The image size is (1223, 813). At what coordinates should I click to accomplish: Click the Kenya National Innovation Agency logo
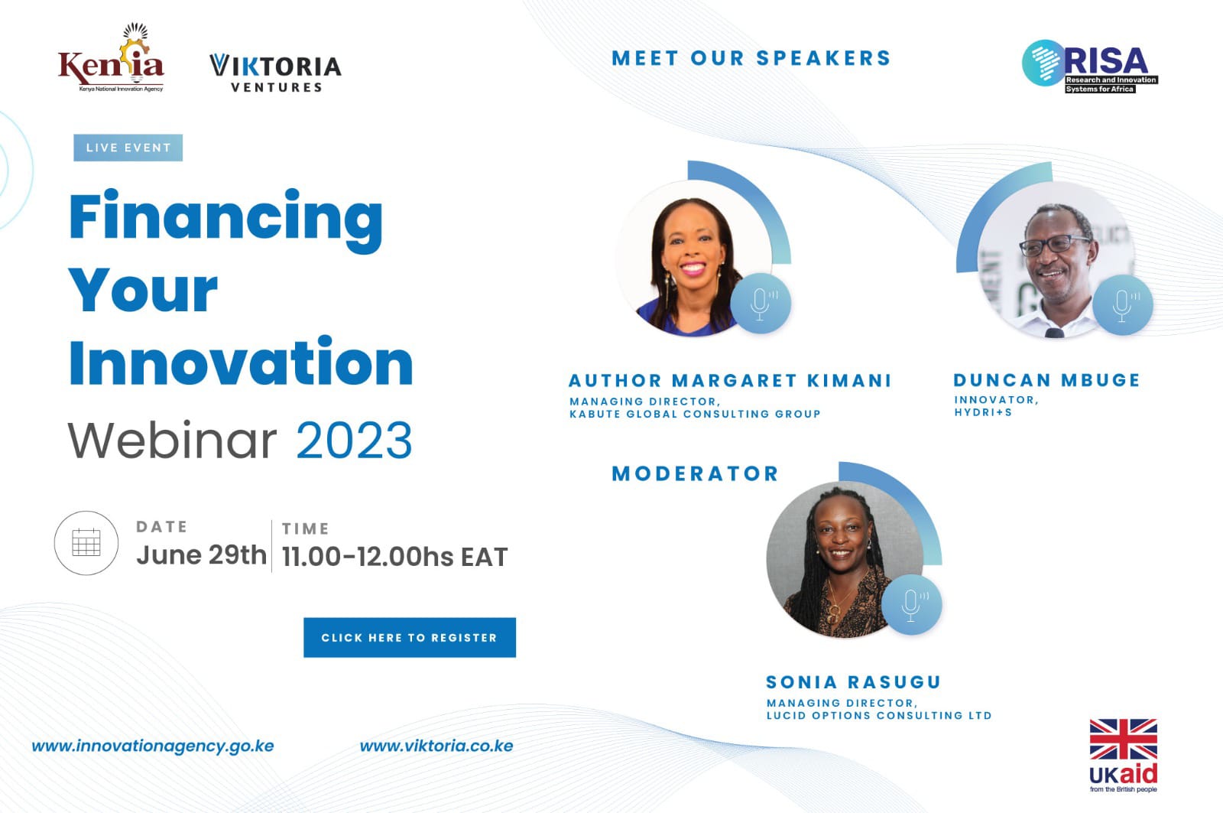[111, 57]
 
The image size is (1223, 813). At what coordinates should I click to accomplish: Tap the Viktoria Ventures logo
[276, 73]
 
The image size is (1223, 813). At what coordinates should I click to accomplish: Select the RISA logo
[1090, 67]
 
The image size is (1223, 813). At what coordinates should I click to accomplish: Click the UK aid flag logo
[1123, 756]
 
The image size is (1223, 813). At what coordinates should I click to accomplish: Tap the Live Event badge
[128, 148]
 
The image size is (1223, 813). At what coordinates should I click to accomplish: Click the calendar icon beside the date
[86, 542]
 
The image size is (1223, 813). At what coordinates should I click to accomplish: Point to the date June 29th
[202, 555]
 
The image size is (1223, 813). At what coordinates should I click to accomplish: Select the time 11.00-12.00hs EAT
[394, 557]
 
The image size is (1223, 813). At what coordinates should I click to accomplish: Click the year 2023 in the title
[354, 441]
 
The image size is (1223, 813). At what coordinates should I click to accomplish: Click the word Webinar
[173, 441]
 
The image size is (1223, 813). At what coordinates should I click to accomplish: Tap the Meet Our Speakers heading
[751, 58]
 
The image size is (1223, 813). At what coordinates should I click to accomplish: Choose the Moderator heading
[695, 473]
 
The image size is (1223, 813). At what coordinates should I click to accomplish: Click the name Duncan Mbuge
[1047, 379]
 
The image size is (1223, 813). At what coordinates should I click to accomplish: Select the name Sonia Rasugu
[853, 682]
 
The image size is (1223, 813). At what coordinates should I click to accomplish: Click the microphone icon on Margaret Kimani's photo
[761, 303]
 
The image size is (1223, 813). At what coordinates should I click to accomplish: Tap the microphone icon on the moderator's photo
[911, 605]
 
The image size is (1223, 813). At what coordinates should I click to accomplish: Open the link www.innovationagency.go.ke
[153, 746]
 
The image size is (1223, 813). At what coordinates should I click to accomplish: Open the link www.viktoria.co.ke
[436, 746]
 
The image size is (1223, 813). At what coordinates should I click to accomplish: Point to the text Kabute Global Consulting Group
[695, 415]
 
